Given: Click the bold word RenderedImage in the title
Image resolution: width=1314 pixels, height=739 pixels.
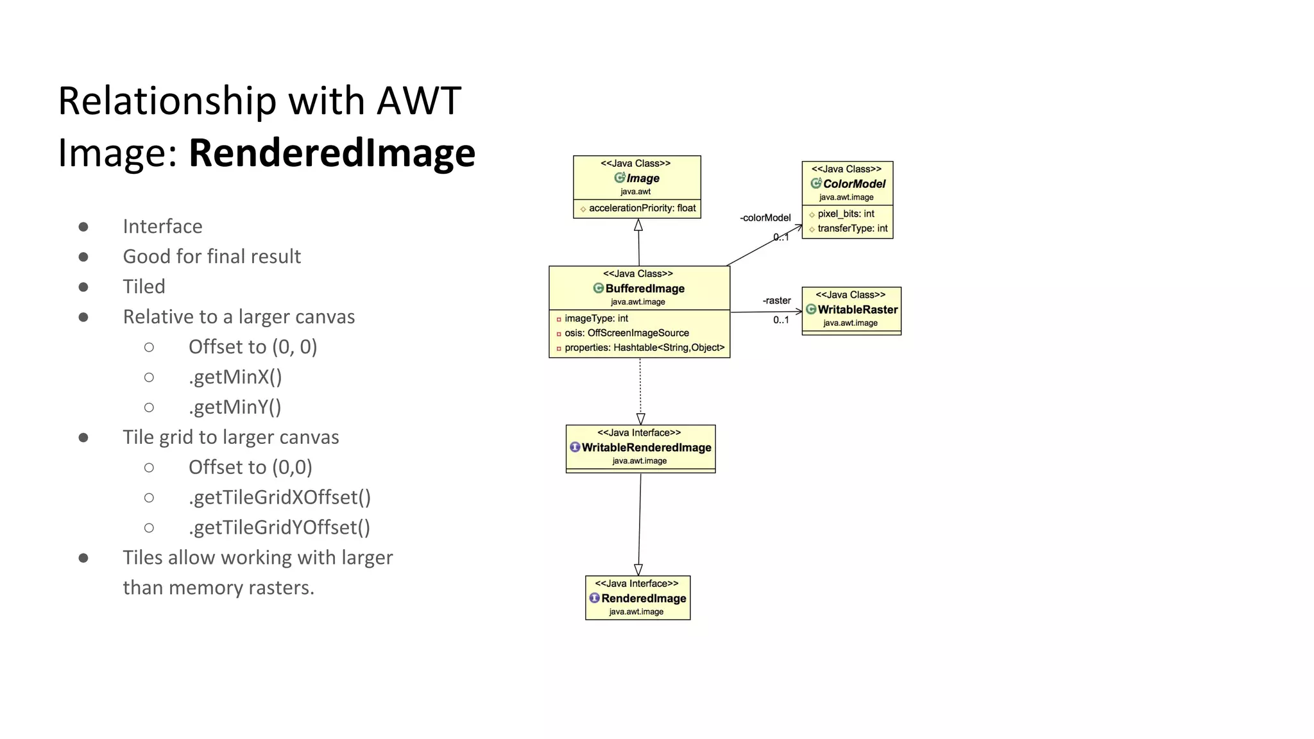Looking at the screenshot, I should click(332, 153).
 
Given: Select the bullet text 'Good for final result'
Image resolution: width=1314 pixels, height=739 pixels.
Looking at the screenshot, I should click(212, 257).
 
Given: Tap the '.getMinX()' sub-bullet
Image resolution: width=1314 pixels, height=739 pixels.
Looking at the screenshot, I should click(235, 377).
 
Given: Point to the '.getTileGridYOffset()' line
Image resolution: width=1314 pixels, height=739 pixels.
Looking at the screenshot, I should click(279, 527).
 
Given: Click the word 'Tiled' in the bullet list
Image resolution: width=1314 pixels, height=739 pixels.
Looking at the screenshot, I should click(144, 287).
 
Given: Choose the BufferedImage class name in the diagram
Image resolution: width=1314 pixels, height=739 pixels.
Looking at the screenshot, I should click(645, 289).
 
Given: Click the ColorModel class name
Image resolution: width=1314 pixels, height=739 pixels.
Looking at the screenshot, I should click(854, 183).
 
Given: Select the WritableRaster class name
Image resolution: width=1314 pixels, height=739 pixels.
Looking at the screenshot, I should click(857, 310).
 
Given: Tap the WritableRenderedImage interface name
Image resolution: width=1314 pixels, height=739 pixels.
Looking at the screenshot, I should click(646, 448).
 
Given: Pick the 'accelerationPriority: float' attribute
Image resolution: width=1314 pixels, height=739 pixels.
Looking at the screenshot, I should click(642, 208).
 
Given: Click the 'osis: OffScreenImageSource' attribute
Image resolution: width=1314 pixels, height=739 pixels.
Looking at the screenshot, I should click(626, 333).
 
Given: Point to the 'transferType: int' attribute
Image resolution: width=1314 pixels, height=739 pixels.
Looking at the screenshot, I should click(852, 228).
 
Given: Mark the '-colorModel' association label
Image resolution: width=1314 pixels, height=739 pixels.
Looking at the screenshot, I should click(765, 218).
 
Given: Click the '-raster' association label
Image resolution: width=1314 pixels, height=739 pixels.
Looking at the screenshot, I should click(776, 301).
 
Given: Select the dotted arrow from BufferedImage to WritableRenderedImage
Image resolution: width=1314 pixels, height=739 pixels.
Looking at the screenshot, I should click(640, 388).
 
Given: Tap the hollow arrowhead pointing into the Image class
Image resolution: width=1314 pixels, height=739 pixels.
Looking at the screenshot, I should click(638, 225).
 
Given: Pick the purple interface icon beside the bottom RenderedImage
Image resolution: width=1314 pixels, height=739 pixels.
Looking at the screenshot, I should click(594, 598).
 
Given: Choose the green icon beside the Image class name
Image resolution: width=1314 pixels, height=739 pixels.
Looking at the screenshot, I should click(619, 178).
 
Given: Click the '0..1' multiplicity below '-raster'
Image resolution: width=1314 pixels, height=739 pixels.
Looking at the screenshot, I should click(781, 320).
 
